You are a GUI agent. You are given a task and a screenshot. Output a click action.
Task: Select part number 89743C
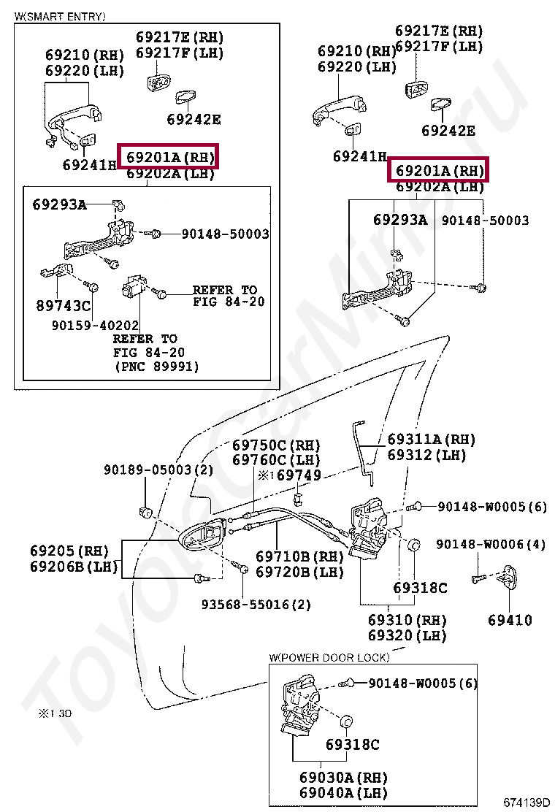coord(63,305)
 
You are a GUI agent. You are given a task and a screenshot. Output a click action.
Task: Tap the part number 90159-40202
coord(95,325)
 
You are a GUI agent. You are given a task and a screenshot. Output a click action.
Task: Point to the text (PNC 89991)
coord(156,367)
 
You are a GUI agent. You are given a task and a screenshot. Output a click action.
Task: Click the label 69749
coord(299,475)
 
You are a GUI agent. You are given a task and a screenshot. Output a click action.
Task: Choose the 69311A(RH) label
coord(431,440)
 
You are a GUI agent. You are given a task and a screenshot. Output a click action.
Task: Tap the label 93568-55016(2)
coord(256,605)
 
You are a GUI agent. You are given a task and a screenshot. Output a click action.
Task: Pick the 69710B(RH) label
coord(299,557)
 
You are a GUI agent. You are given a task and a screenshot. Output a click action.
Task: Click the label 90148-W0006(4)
coord(491,544)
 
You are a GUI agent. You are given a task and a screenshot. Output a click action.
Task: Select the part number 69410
coord(510,620)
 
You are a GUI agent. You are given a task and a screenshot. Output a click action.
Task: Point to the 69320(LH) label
coord(407,635)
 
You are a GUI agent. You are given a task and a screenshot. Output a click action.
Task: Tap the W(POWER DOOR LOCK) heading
coord(329,657)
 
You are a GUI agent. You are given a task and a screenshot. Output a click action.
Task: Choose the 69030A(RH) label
coord(343,777)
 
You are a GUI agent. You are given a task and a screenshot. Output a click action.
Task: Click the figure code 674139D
coord(525,803)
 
